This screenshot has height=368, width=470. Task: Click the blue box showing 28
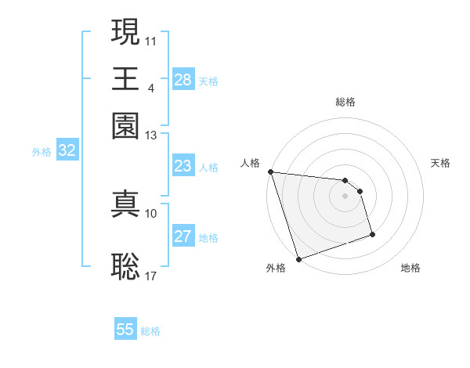point(183,80)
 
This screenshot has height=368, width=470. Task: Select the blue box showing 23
point(183,166)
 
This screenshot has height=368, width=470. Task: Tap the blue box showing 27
point(183,236)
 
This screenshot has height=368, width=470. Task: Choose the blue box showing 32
point(67,151)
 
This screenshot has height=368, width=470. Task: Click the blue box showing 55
point(125,330)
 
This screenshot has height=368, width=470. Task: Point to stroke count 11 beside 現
point(151,39)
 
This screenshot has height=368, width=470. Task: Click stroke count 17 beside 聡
point(151,276)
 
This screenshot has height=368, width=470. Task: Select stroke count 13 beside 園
point(151,135)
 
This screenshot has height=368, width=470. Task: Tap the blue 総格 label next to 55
point(150,331)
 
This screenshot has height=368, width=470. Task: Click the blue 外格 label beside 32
point(42,152)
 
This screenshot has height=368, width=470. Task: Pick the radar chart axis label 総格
point(345,102)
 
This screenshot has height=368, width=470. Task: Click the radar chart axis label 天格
point(440,163)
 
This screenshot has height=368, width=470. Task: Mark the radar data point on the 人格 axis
point(270,171)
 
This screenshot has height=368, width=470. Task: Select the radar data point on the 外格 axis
point(298,259)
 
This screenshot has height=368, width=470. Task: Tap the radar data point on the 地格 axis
point(372,234)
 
